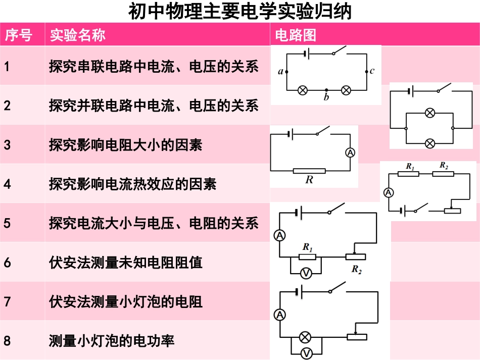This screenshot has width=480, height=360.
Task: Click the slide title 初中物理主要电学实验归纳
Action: (x=239, y=11)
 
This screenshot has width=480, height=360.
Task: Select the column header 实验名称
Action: (x=77, y=35)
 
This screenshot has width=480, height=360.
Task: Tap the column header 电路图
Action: (x=296, y=35)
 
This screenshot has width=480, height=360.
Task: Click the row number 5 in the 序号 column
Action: (x=7, y=223)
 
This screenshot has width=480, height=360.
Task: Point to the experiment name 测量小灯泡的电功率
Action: (x=112, y=341)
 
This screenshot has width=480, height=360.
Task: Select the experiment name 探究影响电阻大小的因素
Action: (x=125, y=145)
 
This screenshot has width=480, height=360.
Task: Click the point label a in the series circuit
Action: (x=281, y=72)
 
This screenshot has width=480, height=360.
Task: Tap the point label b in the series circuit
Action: (x=326, y=97)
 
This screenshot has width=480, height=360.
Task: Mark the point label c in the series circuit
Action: (x=372, y=71)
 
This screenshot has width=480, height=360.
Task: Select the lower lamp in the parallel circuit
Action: (x=430, y=143)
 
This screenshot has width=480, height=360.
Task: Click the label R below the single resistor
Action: (x=309, y=179)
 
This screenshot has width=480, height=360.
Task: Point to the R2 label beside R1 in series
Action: (x=444, y=165)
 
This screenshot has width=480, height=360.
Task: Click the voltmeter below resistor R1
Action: (x=306, y=273)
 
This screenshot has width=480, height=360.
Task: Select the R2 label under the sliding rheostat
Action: (x=357, y=269)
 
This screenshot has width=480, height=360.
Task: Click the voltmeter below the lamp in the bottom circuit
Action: (x=306, y=353)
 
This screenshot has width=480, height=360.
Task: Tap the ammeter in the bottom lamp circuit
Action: (x=279, y=315)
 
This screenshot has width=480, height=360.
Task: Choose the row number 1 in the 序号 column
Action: (x=7, y=66)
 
